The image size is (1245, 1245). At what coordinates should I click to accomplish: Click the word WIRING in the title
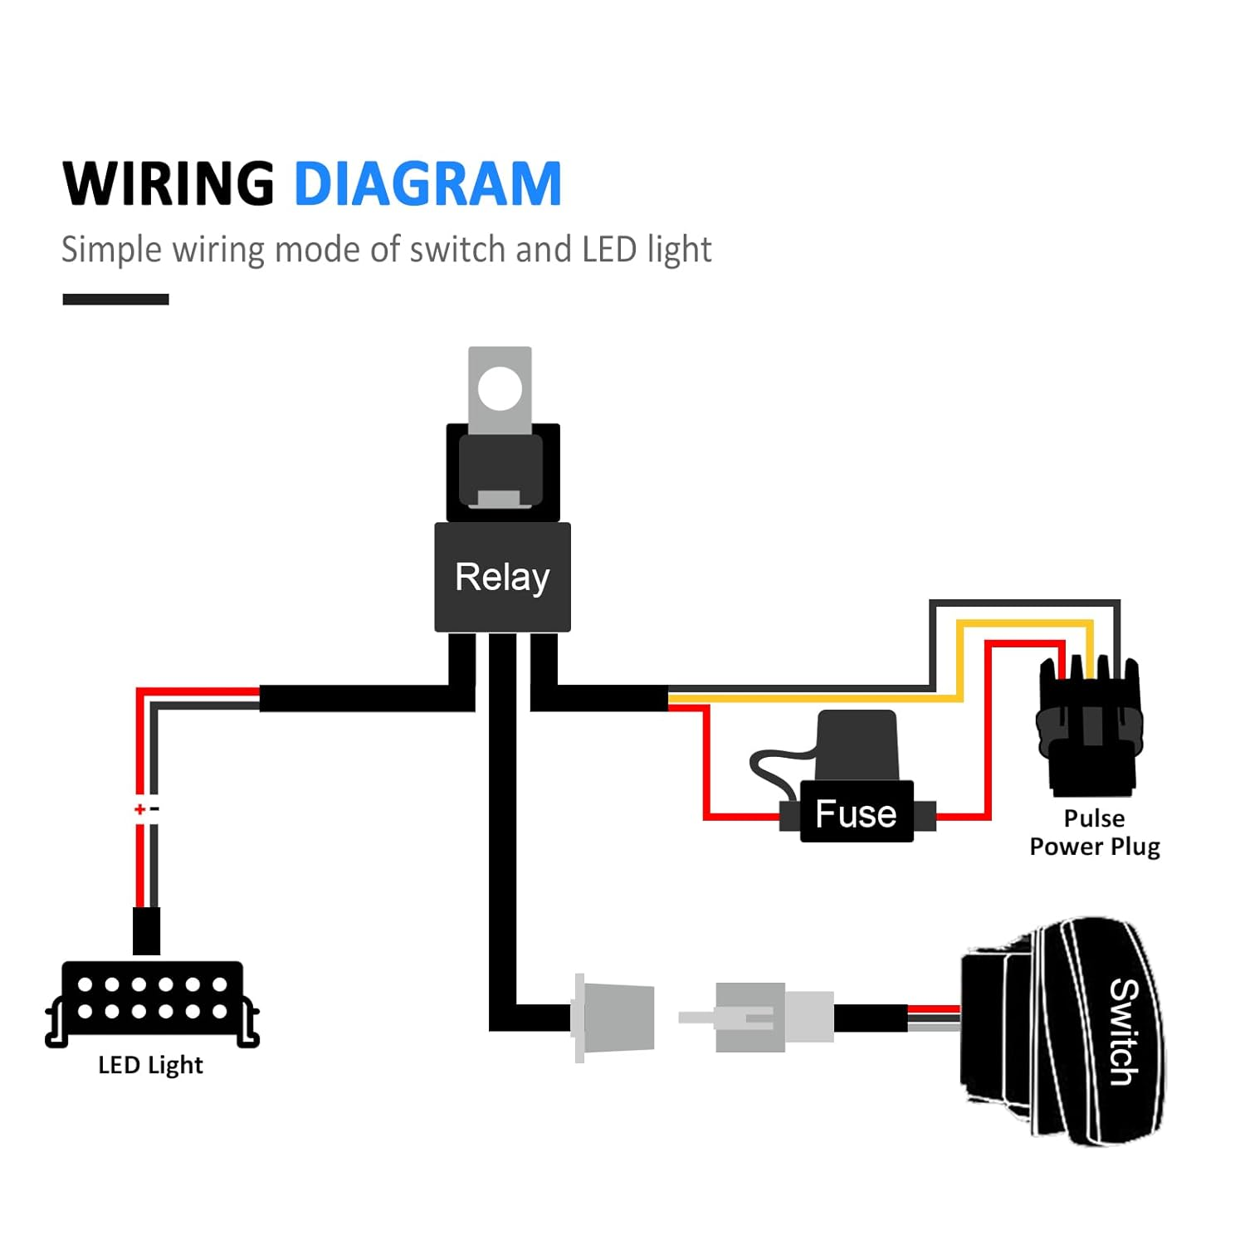168,183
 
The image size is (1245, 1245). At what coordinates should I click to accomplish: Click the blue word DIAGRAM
427,183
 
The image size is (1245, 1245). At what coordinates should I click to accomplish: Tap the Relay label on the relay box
502,577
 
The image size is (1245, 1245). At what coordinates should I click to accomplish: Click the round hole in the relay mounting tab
500,388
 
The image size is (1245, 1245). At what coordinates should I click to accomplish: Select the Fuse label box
856,813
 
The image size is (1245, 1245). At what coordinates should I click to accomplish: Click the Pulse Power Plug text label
1094,832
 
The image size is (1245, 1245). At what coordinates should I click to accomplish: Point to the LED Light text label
150,1065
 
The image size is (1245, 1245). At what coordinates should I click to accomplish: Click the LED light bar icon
152,1000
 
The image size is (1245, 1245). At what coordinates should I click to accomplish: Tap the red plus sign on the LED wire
139,809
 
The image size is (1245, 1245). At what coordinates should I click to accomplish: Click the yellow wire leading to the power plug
830,699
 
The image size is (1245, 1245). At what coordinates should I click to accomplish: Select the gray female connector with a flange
614,1017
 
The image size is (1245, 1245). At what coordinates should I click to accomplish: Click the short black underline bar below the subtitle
115,300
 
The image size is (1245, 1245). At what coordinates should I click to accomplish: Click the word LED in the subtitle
609,250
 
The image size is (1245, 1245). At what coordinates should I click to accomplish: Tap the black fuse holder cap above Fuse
857,745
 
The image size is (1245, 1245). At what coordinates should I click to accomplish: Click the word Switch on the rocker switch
1124,1032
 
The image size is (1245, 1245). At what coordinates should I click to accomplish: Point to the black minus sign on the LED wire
154,808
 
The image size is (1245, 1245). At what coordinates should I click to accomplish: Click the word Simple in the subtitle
111,250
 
